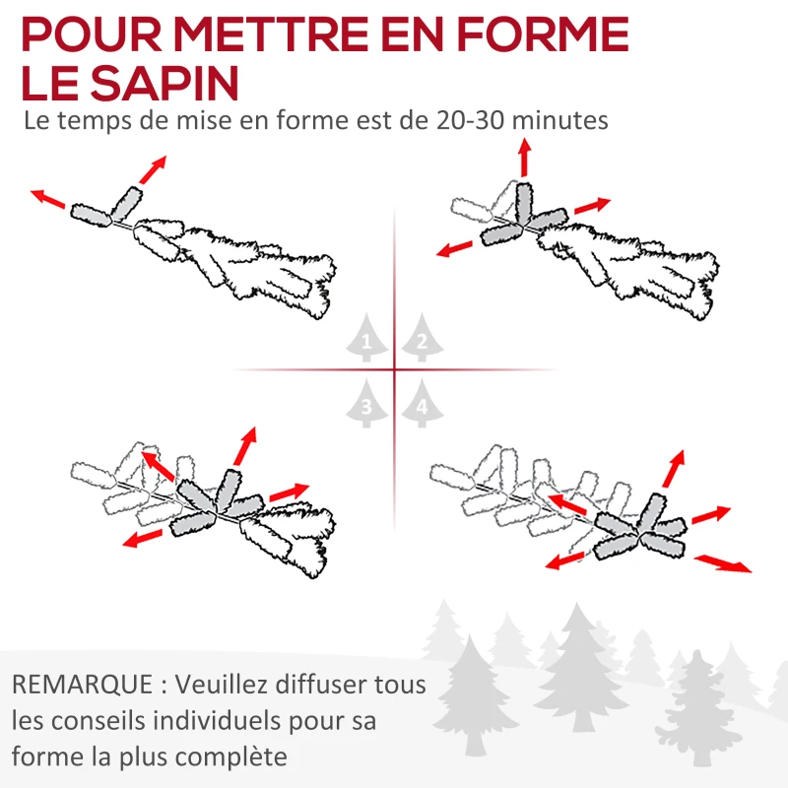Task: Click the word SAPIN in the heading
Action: pos(164,83)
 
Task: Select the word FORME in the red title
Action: pos(543,33)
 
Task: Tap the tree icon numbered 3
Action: pos(366,403)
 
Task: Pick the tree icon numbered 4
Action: pos(423,403)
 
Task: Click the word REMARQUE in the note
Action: pos(83,685)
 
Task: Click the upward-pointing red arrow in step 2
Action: pos(525,158)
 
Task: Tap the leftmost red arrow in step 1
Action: pos(47,199)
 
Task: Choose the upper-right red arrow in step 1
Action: pos(153,169)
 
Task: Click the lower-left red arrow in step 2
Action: pos(454,249)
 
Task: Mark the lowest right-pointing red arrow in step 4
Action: pos(723,563)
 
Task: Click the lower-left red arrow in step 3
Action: pos(143,538)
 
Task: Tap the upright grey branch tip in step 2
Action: pos(523,202)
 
